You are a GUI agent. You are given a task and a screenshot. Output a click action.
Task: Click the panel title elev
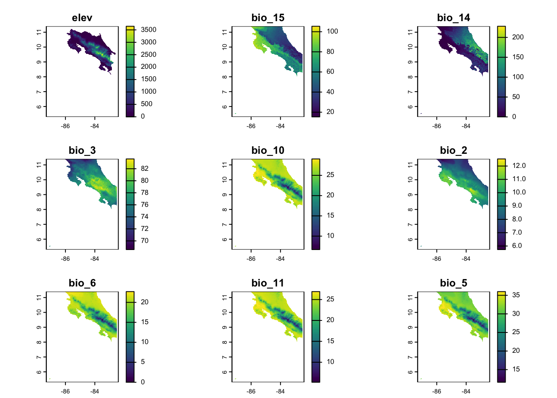[x=82, y=18]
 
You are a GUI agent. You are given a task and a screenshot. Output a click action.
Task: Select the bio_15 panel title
[x=268, y=18]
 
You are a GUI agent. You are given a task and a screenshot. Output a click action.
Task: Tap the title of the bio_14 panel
[x=453, y=18]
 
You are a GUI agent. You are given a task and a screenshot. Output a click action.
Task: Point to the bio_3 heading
[x=82, y=150]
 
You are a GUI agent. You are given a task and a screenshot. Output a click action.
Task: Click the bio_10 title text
[x=268, y=150]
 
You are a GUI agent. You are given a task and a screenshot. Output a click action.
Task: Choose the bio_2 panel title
[x=453, y=150]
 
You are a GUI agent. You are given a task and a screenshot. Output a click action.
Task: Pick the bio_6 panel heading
[x=82, y=283]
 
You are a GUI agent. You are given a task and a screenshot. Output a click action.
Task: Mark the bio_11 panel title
[x=268, y=283]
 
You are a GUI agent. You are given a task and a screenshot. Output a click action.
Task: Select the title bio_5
[x=453, y=283]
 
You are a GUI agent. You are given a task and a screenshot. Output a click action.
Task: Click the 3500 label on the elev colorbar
[x=148, y=30]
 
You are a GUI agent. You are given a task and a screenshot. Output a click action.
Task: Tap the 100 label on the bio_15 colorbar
[x=332, y=32]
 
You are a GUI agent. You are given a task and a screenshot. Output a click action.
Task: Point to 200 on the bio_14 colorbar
[x=518, y=37]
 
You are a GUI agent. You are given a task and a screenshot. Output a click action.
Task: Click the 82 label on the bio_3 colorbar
[x=145, y=169]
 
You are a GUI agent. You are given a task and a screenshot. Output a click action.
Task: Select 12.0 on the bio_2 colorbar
[x=519, y=166]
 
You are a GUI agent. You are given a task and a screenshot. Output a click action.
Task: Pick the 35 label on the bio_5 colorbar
[x=516, y=295]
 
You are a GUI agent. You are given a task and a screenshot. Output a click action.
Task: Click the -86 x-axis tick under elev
[x=65, y=126]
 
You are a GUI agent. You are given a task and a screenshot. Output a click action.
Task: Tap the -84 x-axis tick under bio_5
[x=466, y=392]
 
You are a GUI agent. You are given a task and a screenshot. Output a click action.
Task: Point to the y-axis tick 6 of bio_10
[x=225, y=240]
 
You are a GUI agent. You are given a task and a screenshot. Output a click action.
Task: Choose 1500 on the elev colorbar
[x=148, y=79]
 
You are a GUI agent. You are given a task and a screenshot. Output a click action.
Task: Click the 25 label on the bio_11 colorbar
[x=330, y=299]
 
